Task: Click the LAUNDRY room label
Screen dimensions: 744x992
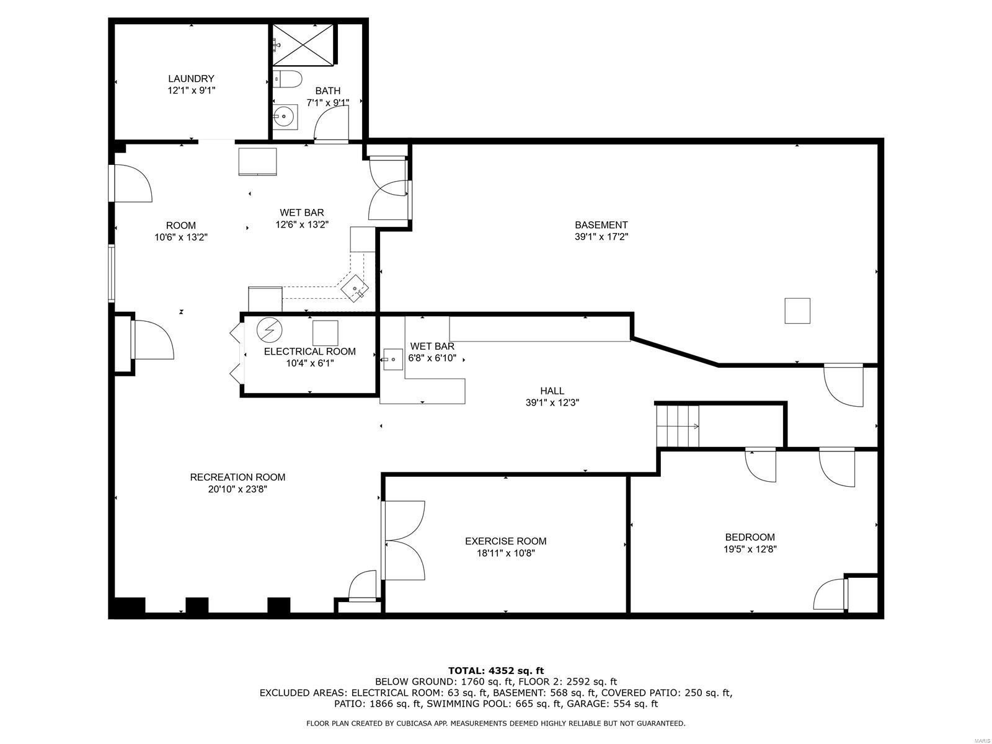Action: pyautogui.click(x=191, y=79)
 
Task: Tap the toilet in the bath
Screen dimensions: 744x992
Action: pyautogui.click(x=289, y=79)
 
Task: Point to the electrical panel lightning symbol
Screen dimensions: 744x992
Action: pyautogui.click(x=269, y=330)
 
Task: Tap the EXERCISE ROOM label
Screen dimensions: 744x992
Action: pyautogui.click(x=505, y=541)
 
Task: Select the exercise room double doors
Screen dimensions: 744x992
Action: pyautogui.click(x=403, y=541)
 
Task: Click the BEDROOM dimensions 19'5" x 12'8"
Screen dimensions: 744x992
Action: pyautogui.click(x=750, y=549)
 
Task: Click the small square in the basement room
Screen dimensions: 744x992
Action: pyautogui.click(x=797, y=311)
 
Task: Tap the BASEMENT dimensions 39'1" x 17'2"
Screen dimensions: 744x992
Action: pyautogui.click(x=601, y=236)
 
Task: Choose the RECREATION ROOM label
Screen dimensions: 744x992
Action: pyautogui.click(x=237, y=477)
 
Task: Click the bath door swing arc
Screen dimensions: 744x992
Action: pyautogui.click(x=332, y=123)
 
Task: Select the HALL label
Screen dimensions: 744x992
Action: pyautogui.click(x=552, y=391)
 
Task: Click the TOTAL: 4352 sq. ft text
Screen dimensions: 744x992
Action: pyautogui.click(x=496, y=670)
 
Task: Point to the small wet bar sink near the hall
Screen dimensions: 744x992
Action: pyautogui.click(x=392, y=358)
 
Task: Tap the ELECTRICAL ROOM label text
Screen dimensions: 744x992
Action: pyautogui.click(x=309, y=352)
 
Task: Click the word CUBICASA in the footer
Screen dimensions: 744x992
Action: pyautogui.click(x=413, y=724)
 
